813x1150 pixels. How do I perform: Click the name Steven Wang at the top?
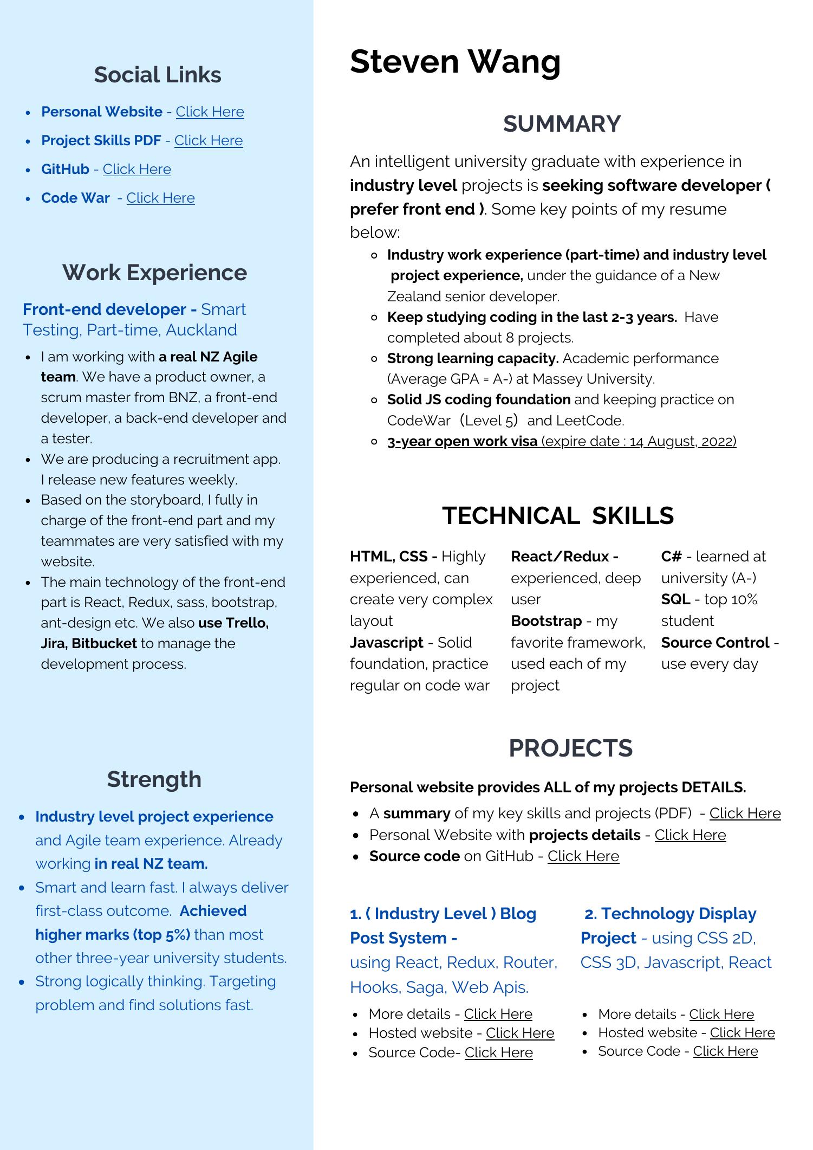click(455, 62)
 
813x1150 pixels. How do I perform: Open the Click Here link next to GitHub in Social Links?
click(136, 169)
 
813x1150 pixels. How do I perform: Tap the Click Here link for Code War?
click(160, 198)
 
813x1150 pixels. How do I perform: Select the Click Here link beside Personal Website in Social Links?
click(210, 112)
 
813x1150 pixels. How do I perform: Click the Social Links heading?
click(157, 75)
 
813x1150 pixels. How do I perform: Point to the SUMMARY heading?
click(562, 124)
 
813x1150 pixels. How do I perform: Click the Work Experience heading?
click(154, 273)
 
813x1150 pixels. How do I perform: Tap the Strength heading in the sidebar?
click(154, 779)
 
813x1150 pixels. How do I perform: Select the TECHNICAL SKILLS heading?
click(558, 515)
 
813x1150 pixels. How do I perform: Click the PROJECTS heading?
click(570, 748)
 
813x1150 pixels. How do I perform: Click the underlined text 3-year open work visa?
click(462, 442)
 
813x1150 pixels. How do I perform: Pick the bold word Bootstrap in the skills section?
click(546, 621)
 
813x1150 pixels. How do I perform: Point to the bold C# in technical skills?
click(671, 557)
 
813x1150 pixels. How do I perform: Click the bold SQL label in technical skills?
click(675, 599)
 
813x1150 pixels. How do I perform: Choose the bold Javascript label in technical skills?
click(386, 643)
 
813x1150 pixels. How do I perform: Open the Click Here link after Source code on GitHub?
click(583, 856)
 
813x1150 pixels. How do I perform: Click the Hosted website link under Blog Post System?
click(519, 1033)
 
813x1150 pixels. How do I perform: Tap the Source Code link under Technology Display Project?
click(725, 1051)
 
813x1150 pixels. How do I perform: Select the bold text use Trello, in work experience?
click(233, 623)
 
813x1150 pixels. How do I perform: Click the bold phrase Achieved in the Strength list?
click(213, 911)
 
